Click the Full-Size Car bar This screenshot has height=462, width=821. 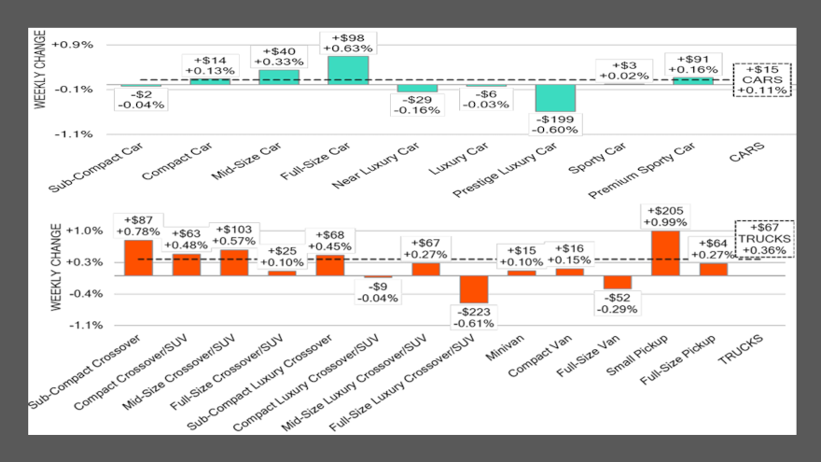coord(348,70)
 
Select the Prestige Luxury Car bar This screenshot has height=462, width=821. coord(555,98)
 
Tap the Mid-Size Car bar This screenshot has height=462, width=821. coord(279,77)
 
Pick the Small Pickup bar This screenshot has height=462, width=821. coord(665,253)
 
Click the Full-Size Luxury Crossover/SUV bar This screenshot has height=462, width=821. coord(474,289)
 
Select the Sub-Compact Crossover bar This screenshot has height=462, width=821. coord(138,258)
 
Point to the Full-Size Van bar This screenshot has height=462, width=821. coord(618,282)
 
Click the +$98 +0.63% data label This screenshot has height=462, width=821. coord(348,42)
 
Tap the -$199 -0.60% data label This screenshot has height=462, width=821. coord(556,124)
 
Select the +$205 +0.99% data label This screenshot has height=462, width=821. coord(665,217)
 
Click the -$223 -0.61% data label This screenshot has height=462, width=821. coord(474,316)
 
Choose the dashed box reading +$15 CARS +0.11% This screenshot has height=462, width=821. coord(762,79)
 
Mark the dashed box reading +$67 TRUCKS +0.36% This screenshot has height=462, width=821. coord(762,238)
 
